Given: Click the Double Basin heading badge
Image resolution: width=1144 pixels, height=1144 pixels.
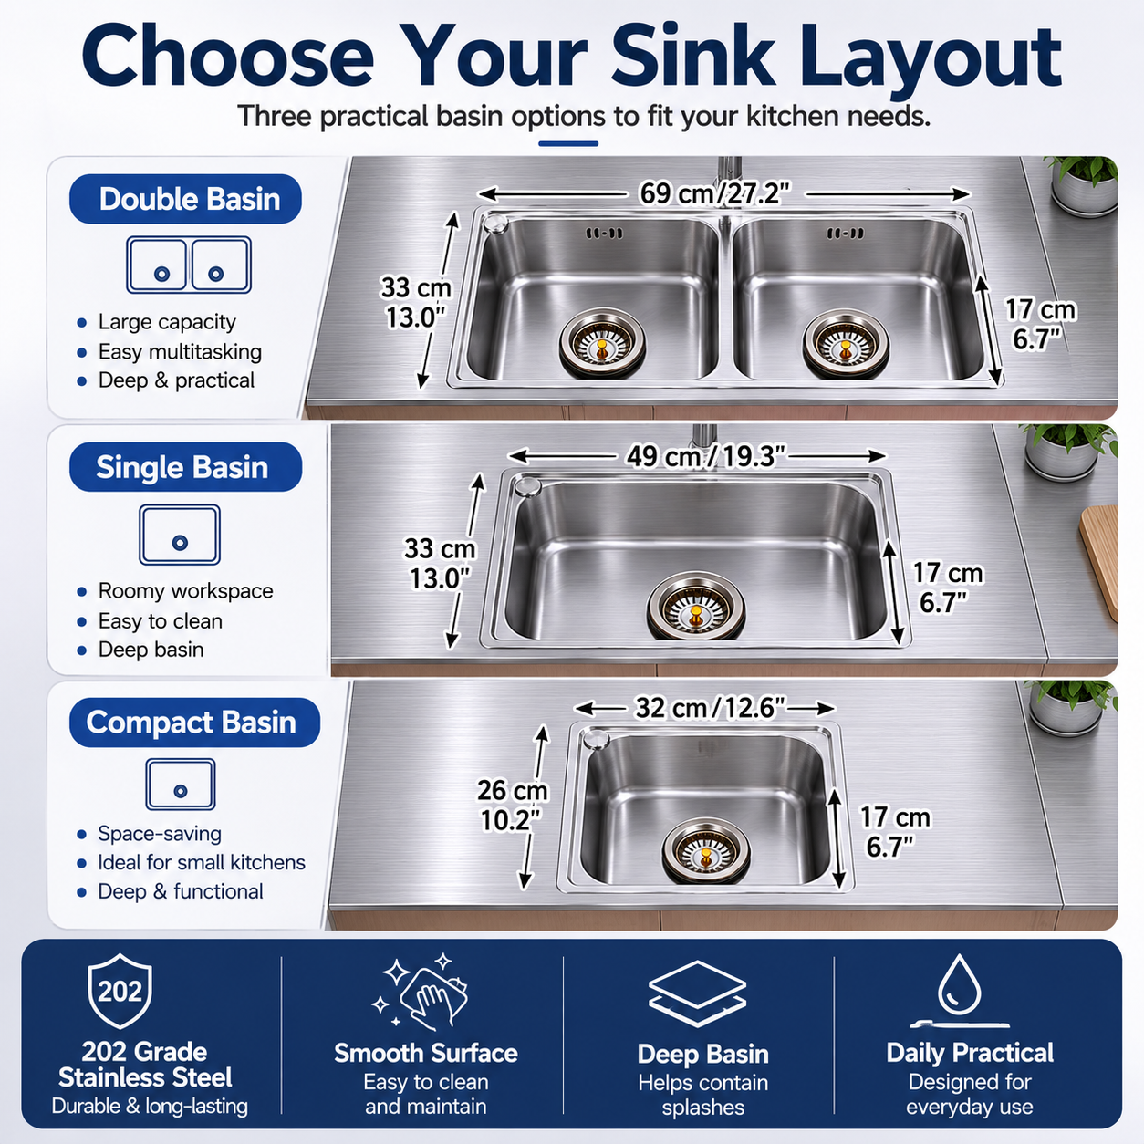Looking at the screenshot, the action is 185,199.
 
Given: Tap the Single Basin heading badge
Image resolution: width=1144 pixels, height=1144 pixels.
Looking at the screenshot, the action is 185,466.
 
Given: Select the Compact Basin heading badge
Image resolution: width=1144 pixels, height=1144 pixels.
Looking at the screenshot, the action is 194,722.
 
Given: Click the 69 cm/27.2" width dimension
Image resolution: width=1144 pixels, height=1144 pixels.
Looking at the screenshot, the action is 715,193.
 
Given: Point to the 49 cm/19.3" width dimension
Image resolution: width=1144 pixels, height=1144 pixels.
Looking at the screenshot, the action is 705,456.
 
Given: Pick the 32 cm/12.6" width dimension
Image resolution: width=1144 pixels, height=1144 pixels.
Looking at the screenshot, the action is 710,708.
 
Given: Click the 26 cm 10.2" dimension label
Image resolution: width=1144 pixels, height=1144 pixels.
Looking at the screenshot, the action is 513,805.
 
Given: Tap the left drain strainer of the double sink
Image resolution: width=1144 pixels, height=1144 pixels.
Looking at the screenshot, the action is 602,342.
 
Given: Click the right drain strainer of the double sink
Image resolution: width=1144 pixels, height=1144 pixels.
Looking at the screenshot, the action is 846,342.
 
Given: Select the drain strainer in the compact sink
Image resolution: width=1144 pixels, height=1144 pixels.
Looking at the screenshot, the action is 706,849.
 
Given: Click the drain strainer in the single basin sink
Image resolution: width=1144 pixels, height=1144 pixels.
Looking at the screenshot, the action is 695,606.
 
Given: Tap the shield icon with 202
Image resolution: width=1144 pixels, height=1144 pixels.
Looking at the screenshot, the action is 120,991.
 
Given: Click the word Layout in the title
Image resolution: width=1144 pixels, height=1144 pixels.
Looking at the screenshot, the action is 927,58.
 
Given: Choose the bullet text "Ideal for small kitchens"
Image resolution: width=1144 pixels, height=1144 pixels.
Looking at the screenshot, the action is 202,862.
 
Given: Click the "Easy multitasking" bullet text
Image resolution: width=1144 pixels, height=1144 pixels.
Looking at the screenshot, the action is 180,351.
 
